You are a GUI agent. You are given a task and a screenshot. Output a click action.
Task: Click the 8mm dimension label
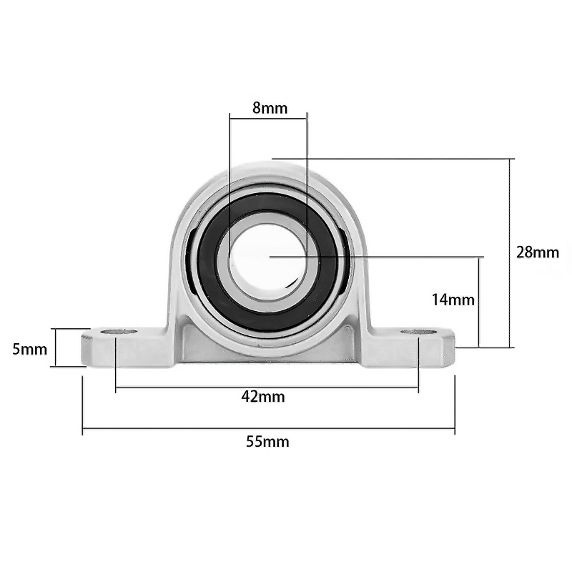(270, 108)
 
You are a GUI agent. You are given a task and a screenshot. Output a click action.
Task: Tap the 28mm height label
(537, 252)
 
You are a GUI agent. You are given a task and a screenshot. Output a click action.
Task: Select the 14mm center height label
(453, 300)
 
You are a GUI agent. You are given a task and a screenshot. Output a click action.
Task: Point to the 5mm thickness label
(30, 349)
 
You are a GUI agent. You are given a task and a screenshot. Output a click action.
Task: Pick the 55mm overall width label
(267, 441)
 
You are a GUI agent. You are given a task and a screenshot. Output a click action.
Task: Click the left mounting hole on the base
(118, 332)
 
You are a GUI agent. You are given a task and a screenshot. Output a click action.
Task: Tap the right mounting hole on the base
(418, 332)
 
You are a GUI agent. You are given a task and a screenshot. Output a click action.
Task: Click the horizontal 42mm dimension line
(179, 388)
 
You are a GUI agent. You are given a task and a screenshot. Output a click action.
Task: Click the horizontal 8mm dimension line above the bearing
(268, 117)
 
